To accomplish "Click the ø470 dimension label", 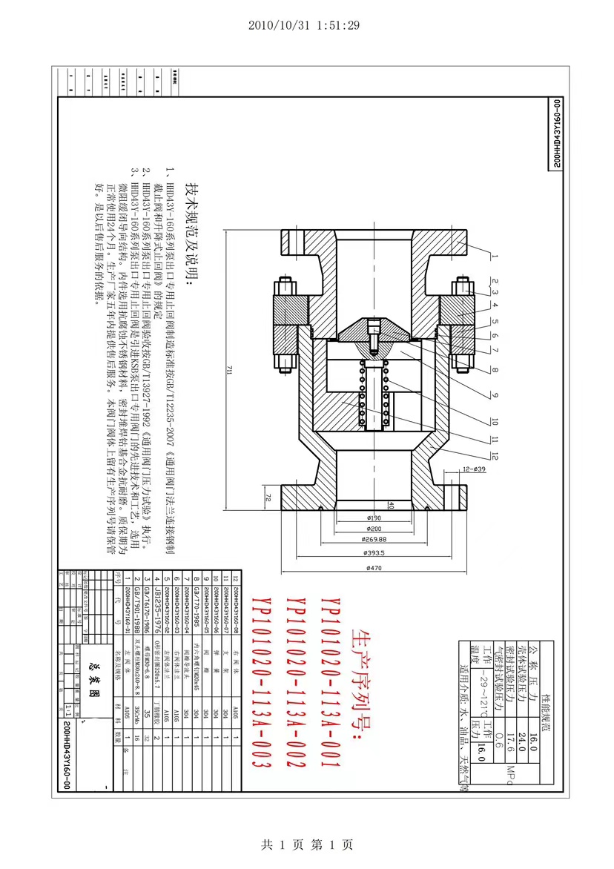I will [x=373, y=568].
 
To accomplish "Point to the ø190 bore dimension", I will [x=373, y=517].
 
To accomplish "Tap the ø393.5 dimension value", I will [x=373, y=552].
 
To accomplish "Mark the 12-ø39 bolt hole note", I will [x=472, y=469].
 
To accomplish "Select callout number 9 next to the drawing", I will [x=494, y=385].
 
